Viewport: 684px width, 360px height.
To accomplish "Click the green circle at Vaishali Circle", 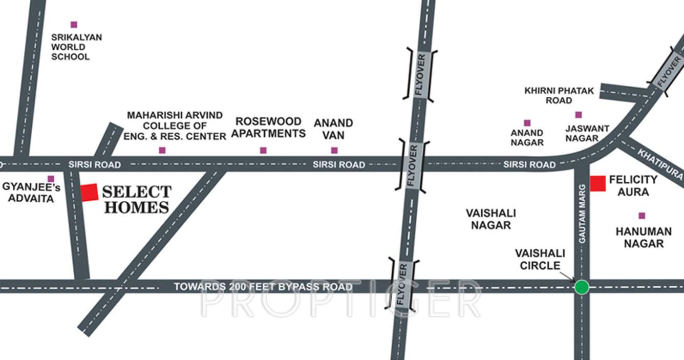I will pyautogui.click(x=581, y=287).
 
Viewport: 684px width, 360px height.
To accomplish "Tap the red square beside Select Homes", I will pyautogui.click(x=89, y=192).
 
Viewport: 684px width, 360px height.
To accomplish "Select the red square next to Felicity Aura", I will pyautogui.click(x=597, y=183).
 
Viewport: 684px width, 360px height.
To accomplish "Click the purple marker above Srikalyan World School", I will pyautogui.click(x=74, y=25).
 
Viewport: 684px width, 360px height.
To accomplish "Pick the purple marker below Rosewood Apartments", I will pyautogui.click(x=263, y=150).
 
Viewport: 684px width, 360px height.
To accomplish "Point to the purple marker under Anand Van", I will pyautogui.click(x=334, y=150).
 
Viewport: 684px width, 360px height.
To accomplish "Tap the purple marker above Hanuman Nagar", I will pyautogui.click(x=642, y=216).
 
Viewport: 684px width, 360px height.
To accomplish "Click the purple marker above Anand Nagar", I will pyautogui.click(x=527, y=123).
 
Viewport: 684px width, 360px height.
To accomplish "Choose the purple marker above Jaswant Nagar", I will pyautogui.click(x=579, y=115).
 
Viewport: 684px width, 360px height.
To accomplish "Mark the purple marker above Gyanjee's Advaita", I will pyautogui.click(x=51, y=179).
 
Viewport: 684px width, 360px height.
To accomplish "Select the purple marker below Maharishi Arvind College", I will pyautogui.click(x=162, y=150).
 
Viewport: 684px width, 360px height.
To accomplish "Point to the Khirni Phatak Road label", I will pyautogui.click(x=559, y=96).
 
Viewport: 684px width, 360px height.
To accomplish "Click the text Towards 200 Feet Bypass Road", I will pyautogui.click(x=263, y=287).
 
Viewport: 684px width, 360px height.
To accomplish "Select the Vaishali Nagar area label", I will pyautogui.click(x=490, y=219).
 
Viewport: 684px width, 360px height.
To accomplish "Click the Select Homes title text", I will pyautogui.click(x=136, y=200).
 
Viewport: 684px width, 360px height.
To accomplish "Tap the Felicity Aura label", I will pyautogui.click(x=633, y=186).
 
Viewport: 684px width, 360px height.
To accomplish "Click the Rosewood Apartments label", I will pyautogui.click(x=268, y=128).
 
